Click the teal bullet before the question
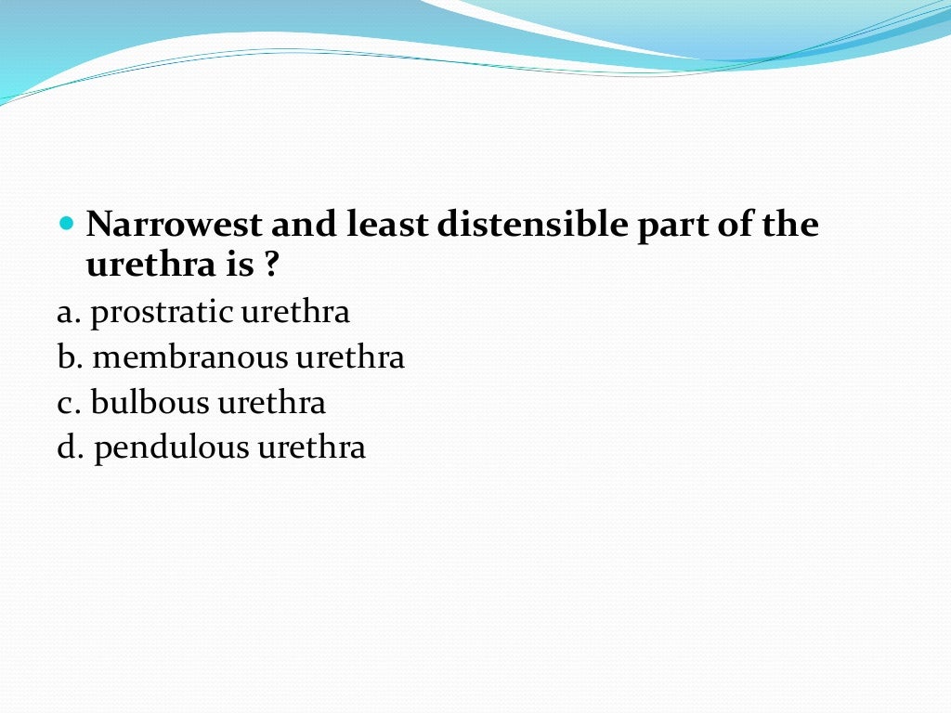[65, 225]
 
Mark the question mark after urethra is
[269, 266]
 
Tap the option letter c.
[67, 404]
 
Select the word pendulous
[172, 448]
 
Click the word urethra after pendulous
[311, 448]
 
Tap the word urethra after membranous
[350, 357]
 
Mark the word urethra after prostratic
[295, 313]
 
